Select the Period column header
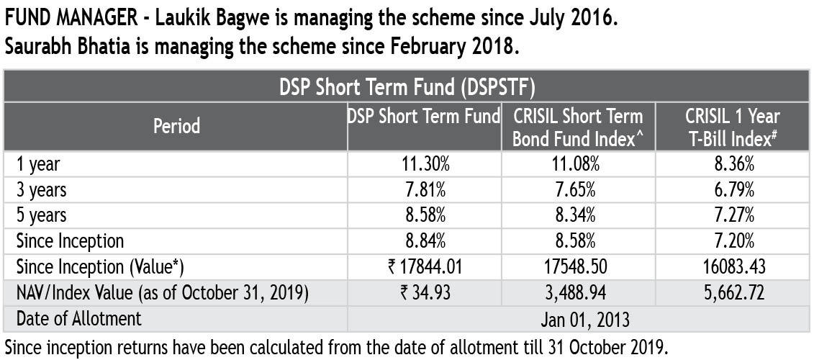tap(176, 126)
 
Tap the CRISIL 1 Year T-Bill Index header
tap(732, 126)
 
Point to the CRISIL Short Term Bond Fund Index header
tap(578, 126)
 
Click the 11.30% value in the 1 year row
tap(425, 164)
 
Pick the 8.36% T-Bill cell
tap(732, 164)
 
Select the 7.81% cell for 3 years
tap(425, 189)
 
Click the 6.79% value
tap(732, 189)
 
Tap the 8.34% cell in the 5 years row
tap(578, 215)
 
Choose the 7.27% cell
tap(732, 215)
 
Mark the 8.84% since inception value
tap(425, 240)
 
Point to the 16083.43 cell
tap(732, 266)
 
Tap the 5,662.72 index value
tap(732, 292)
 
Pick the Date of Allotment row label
tap(79, 318)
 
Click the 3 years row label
tap(42, 190)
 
